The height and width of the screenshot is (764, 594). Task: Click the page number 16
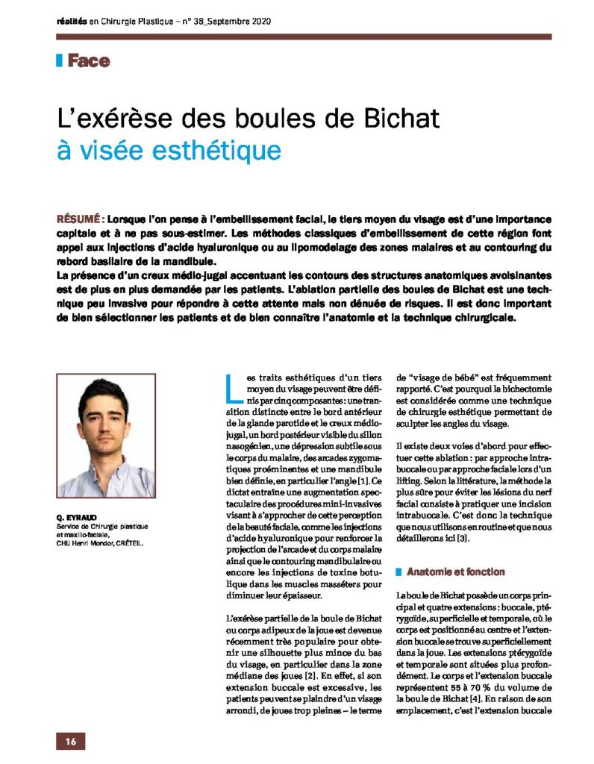tap(71, 741)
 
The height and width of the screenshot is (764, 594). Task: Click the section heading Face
tap(88, 61)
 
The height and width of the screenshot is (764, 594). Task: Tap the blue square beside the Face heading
tap(59, 61)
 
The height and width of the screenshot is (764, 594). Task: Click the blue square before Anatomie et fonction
tap(399, 572)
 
